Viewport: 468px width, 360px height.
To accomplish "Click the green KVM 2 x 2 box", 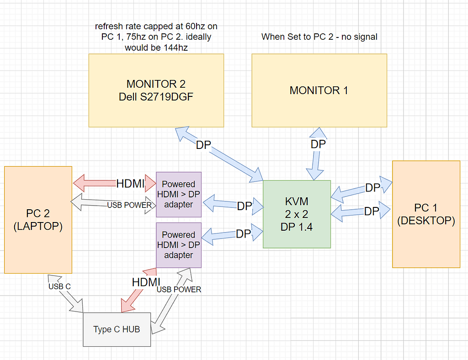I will [x=297, y=214].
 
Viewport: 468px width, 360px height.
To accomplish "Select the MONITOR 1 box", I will [x=319, y=90].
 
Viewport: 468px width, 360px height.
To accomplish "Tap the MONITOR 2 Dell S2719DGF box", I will [x=156, y=90].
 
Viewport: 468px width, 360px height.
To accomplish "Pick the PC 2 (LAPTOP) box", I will [x=38, y=220].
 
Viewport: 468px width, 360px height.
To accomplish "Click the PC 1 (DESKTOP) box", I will [x=426, y=214].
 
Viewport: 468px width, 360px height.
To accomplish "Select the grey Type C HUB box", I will [x=117, y=329].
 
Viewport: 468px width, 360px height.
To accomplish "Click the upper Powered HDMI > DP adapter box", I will [x=178, y=194].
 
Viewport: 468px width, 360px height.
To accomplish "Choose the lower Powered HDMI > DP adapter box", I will [x=178, y=245].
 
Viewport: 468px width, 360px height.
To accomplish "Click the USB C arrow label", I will [x=59, y=286].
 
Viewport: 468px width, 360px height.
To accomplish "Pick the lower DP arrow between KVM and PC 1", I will [x=361, y=212].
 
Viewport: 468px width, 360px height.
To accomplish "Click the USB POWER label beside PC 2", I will [x=129, y=205].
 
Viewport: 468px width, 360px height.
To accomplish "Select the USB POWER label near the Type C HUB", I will [x=179, y=289].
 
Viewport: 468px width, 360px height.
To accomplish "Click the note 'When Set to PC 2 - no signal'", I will [x=319, y=37].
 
